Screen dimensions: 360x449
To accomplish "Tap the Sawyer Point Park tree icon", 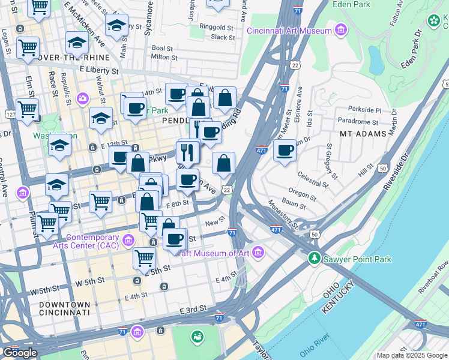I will pos(313,259).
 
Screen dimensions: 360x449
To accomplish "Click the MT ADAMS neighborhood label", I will pos(363,133).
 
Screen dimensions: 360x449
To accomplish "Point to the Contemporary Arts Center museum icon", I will pos(127,241).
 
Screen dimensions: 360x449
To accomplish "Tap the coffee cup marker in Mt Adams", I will pos(285,150).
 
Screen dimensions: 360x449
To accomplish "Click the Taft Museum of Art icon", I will pos(258,253).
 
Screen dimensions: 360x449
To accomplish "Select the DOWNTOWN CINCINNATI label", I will pos(64,308).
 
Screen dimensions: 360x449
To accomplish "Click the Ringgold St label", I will pos(217,27).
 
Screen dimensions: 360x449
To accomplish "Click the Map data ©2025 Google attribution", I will pos(412,355).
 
